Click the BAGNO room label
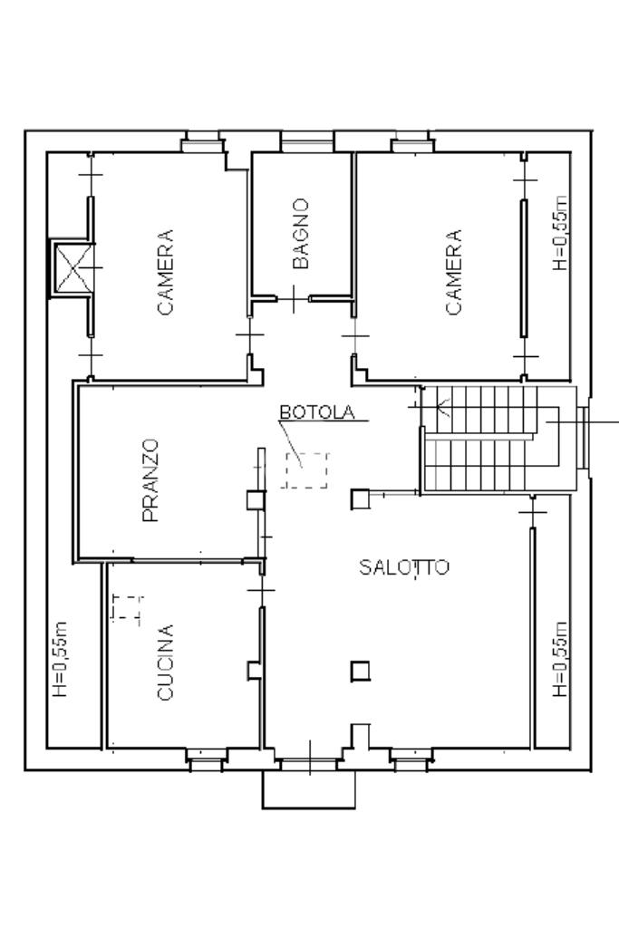(x=302, y=234)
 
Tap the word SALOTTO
(x=404, y=567)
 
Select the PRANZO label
(x=151, y=480)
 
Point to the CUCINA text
(x=165, y=663)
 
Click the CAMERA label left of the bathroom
(x=166, y=272)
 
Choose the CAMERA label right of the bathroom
(x=454, y=272)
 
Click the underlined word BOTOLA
(x=317, y=412)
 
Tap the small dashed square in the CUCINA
(x=127, y=606)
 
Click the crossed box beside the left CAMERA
(x=71, y=267)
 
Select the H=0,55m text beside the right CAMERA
(x=560, y=234)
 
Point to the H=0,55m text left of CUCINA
(x=61, y=659)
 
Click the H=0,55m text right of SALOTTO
(x=560, y=659)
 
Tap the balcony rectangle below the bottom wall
(x=309, y=789)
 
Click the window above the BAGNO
(x=307, y=141)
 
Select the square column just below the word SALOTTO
(x=361, y=671)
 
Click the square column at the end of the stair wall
(x=360, y=499)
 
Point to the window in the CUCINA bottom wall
(x=207, y=759)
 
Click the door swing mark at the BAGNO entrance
(x=294, y=299)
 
